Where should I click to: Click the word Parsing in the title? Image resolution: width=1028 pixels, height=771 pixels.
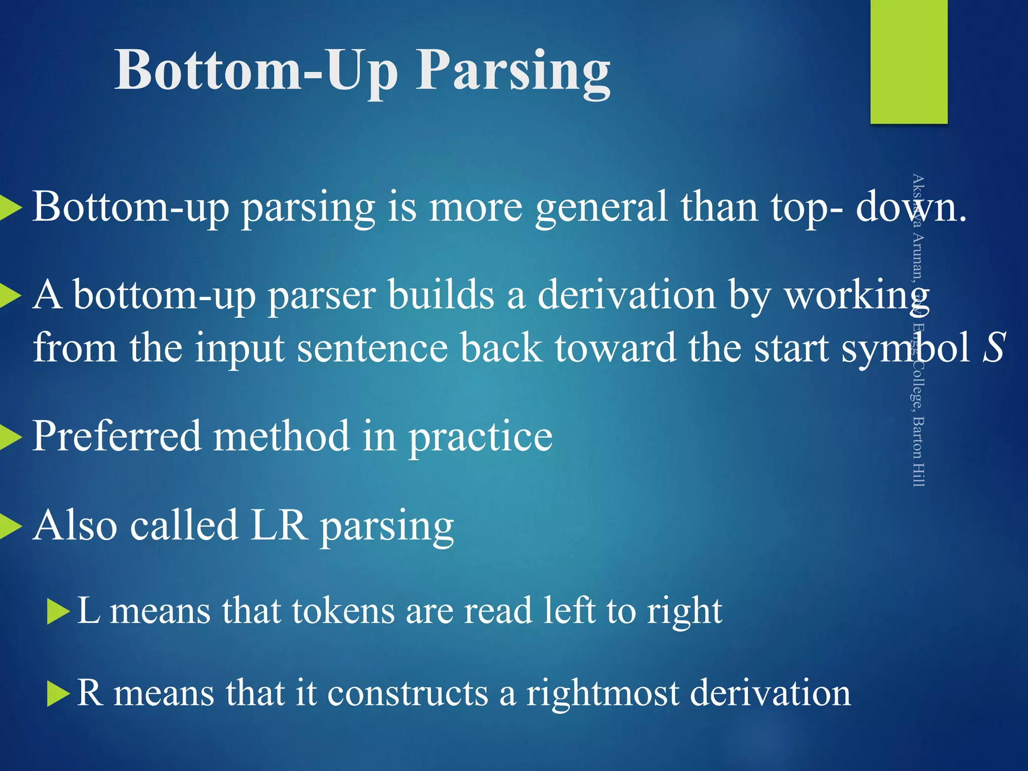513,71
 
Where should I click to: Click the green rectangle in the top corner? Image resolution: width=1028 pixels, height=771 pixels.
909,61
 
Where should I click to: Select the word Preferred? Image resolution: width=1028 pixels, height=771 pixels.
116,436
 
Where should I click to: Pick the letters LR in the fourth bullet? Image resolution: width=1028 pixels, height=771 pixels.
279,525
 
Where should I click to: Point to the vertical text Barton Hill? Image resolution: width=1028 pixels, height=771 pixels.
918,452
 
